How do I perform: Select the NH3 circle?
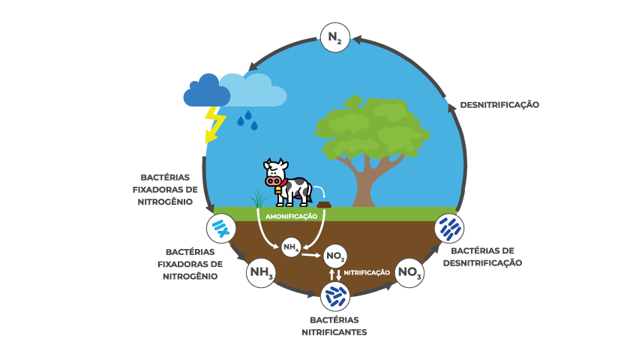260,274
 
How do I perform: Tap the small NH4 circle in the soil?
291,247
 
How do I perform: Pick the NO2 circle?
335,257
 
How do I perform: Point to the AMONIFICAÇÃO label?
292,216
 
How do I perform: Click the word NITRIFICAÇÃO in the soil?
367,273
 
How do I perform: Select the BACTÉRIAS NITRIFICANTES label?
334,325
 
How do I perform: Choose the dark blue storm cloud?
206,91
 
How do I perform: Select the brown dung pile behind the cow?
324,204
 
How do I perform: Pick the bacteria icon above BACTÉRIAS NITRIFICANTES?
334,296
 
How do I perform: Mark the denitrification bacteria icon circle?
450,226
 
